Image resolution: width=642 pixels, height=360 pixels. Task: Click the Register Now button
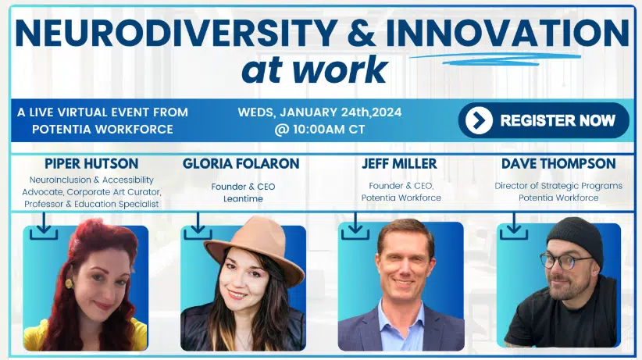(544, 120)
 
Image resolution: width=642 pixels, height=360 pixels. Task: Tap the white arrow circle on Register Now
(479, 120)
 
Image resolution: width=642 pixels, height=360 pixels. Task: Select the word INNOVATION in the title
(508, 33)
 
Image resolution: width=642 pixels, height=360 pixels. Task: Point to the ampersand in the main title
(362, 33)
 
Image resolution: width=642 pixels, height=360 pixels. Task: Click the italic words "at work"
(315, 70)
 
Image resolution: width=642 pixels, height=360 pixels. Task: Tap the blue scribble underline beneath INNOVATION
(495, 59)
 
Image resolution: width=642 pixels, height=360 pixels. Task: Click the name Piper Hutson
(91, 164)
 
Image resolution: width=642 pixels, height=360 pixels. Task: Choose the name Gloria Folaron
(241, 164)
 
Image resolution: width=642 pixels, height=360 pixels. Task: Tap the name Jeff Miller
(399, 164)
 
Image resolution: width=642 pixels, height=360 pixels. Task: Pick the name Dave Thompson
(558, 164)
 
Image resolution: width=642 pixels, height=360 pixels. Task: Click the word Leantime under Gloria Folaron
(243, 198)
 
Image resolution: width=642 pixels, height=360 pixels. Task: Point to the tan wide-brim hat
(255, 251)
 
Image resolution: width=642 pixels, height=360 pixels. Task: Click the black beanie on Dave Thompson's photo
(576, 240)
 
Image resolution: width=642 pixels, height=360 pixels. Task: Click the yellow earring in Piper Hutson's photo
(69, 283)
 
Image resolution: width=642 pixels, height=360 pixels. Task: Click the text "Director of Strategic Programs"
(558, 186)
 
